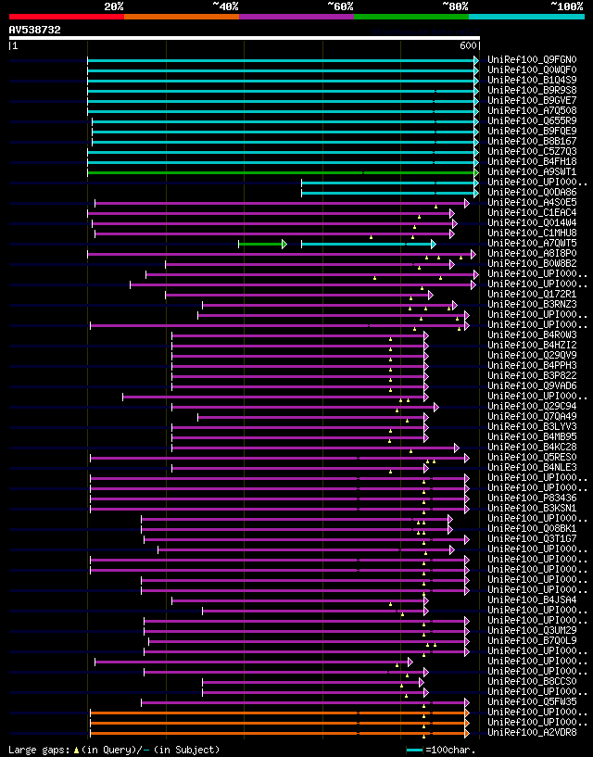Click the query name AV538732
point(35,30)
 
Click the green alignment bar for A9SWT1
point(278,172)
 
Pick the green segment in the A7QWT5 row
point(260,244)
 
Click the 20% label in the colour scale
point(114,6)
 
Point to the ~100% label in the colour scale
point(566,6)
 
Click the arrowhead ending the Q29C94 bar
point(436,407)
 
